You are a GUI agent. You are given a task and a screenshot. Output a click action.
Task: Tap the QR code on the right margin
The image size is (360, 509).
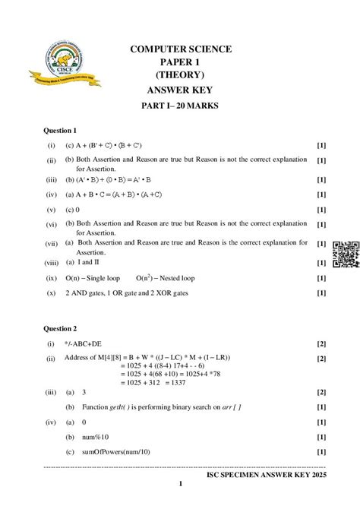coord(346,254)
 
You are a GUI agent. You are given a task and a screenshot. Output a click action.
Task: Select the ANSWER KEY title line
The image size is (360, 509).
coord(180,90)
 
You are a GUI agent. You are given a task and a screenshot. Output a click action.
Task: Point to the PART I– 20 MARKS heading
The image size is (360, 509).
coord(180,106)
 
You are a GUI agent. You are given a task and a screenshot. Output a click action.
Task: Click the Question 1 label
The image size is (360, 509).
coord(60,131)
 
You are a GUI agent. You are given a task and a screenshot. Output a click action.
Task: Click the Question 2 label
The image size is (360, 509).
coord(60,329)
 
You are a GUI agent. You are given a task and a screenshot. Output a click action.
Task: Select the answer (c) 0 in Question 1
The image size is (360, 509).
coord(73,209)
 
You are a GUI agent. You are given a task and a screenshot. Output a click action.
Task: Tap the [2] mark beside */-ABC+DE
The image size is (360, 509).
coord(321,344)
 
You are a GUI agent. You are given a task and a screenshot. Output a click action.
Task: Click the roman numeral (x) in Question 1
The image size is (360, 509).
coord(51,292)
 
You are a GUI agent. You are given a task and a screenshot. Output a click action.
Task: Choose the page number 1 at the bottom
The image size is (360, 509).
coord(180,484)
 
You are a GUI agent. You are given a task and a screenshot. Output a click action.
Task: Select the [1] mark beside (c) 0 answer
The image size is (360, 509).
coord(321,209)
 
